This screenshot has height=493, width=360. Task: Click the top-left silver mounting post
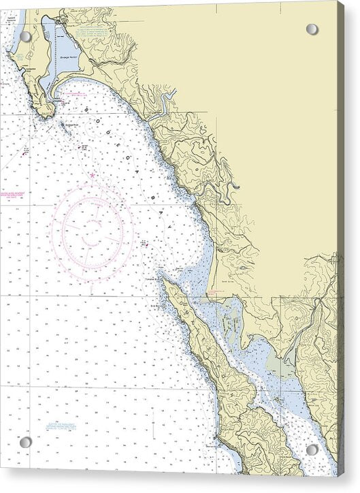(25, 36)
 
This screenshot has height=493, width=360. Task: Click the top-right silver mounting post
(312, 29)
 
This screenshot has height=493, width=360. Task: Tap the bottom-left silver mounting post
(25, 442)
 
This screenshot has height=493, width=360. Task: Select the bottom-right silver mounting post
(312, 449)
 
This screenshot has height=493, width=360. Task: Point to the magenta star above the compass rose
(93, 175)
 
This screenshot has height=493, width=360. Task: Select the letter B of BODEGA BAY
(87, 109)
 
